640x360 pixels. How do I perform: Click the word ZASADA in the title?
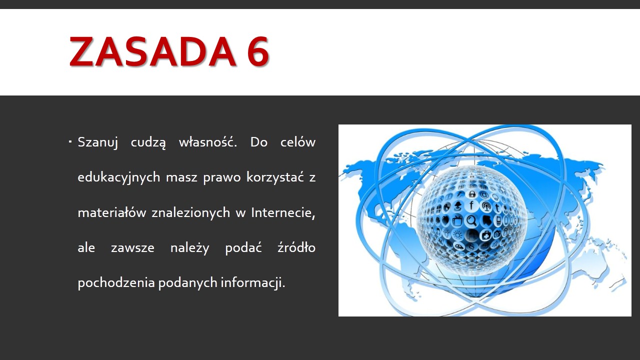click(153, 51)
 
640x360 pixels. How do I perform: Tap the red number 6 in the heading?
click(258, 51)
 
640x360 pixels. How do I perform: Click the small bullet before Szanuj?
click(70, 141)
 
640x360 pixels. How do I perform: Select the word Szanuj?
click(97, 142)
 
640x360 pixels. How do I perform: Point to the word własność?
click(208, 142)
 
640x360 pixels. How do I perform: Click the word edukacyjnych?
click(119, 177)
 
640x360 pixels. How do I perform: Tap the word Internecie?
click(283, 212)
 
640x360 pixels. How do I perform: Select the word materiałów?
click(111, 212)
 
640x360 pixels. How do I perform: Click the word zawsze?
click(132, 247)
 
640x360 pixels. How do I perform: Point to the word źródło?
click(296, 247)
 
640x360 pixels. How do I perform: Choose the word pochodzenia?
click(116, 282)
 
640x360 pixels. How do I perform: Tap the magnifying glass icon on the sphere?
click(471, 220)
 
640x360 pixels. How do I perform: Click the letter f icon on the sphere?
click(471, 205)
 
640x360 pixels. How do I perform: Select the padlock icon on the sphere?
click(472, 194)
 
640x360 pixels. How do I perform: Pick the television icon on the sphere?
click(457, 220)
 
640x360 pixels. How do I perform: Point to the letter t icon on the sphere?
click(497, 207)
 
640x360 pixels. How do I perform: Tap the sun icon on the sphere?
click(457, 235)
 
